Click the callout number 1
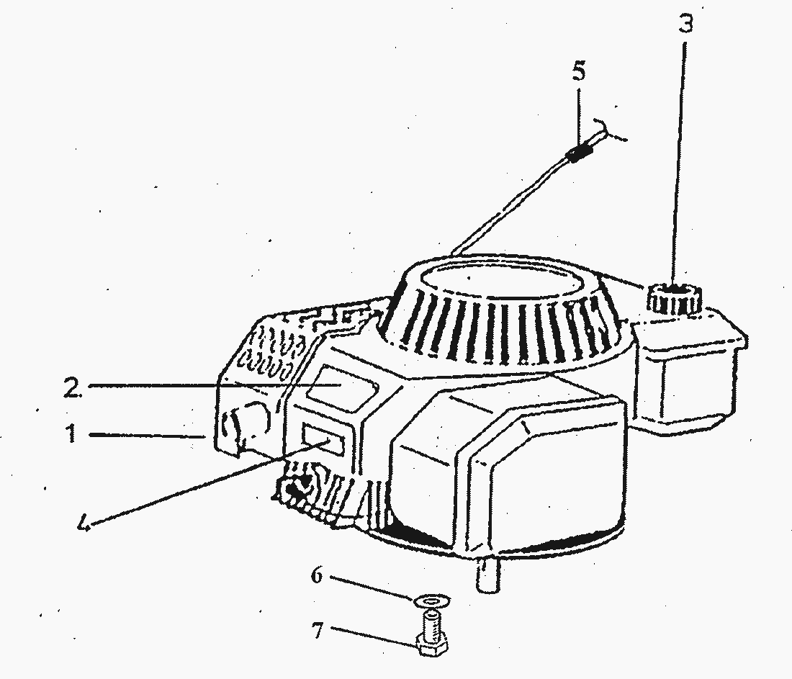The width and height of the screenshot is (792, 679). (x=72, y=434)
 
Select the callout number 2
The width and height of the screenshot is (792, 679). (x=72, y=387)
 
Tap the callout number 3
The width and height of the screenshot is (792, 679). (x=685, y=23)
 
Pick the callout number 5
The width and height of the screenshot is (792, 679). (x=579, y=71)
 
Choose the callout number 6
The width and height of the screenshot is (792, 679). (x=316, y=575)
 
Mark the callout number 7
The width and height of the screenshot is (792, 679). (x=317, y=630)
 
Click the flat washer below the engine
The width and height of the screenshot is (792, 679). (x=433, y=601)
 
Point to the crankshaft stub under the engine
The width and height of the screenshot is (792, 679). (x=487, y=575)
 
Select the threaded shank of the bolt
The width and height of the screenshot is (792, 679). (x=431, y=623)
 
